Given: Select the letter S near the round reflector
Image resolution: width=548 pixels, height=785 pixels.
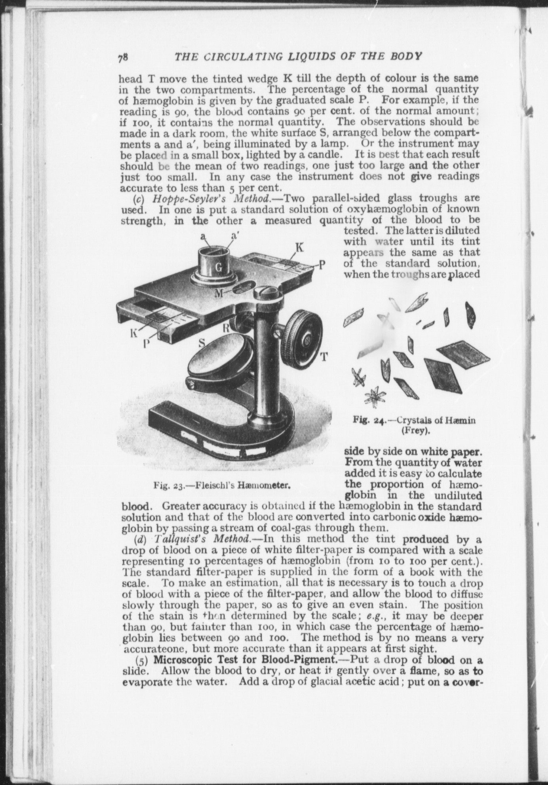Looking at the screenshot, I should point(201,343).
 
